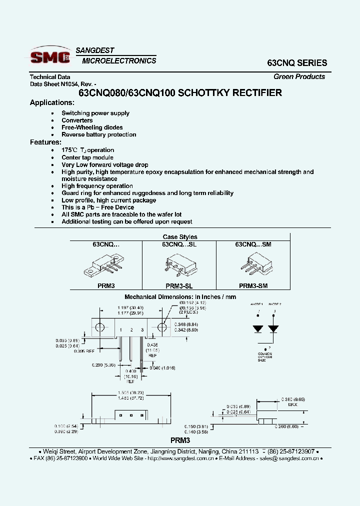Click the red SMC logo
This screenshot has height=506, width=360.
coord(50,57)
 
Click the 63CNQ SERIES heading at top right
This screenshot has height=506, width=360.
coord(297,63)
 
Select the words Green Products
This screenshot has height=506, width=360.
coord(299,76)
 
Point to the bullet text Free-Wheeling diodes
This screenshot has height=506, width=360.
coord(92,127)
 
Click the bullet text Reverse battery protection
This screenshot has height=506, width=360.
coord(99,134)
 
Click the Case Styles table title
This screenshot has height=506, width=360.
coord(180,237)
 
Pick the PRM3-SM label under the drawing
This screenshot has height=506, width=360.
coord(253,286)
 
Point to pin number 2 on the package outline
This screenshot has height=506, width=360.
coord(131,330)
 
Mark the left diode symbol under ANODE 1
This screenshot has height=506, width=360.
coord(258,329)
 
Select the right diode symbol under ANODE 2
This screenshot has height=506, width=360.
coord(273,329)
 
